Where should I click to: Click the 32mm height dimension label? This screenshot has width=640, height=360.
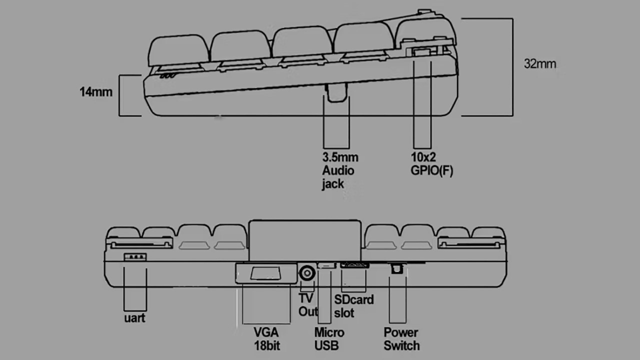(x=539, y=64)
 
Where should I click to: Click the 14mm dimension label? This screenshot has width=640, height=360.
(x=95, y=92)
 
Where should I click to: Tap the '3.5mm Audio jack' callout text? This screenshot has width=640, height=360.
(x=339, y=170)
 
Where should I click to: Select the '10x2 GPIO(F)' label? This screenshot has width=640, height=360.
(x=431, y=164)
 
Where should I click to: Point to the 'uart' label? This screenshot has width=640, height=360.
(x=134, y=317)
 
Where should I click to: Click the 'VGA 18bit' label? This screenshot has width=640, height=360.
(x=266, y=338)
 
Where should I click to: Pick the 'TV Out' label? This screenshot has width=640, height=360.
(x=308, y=304)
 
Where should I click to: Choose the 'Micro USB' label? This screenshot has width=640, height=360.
(x=329, y=338)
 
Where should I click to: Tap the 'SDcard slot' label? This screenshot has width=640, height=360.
(x=353, y=306)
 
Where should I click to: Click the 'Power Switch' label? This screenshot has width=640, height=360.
(x=401, y=338)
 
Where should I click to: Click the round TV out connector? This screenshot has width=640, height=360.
(x=307, y=273)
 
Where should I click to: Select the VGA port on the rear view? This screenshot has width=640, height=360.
(x=265, y=273)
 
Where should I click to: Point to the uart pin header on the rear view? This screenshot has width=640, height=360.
(x=135, y=257)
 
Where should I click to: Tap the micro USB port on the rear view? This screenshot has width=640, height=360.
(x=326, y=265)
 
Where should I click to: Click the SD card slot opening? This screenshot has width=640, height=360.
(x=354, y=264)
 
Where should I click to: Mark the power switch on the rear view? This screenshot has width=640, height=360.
(x=397, y=269)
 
